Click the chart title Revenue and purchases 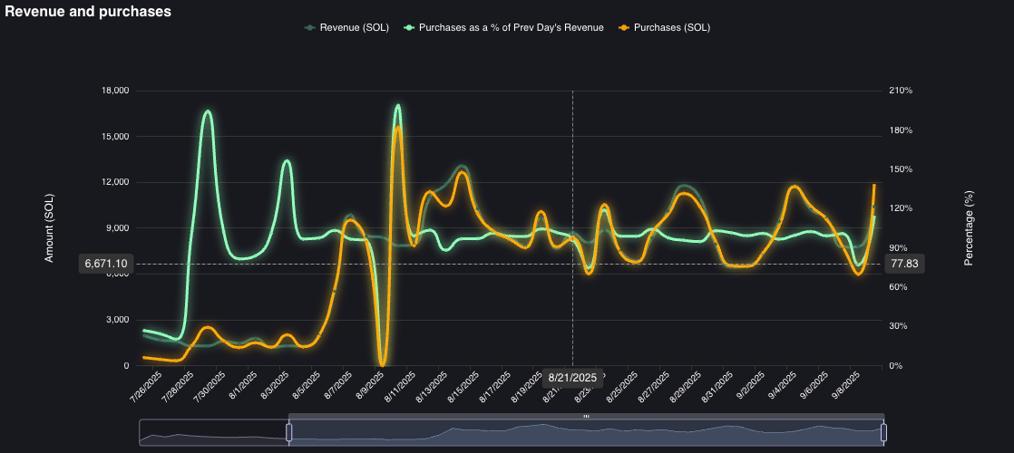pos(88,12)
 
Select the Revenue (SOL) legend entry pos(347,27)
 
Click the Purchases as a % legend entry pos(504,27)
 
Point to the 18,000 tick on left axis pos(114,91)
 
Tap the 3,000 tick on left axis pos(116,320)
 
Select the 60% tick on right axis pos(898,287)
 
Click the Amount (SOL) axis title pos(50,228)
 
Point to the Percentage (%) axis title pos(969,228)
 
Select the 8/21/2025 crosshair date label pos(572,378)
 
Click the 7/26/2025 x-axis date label pos(146,387)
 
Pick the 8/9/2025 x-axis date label pos(371,387)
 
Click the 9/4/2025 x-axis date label pos(782,387)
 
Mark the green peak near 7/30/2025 pos(208,111)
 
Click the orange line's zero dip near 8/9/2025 pos(383,363)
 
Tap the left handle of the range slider pos(289,432)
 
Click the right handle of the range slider pos(883,432)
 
